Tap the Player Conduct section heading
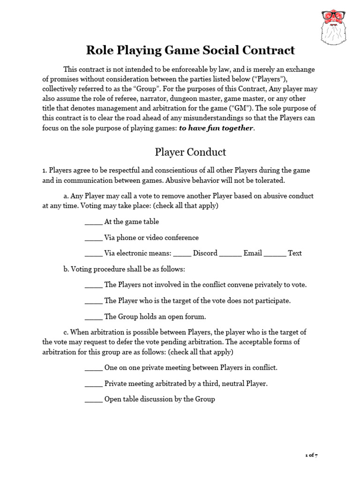pyautogui.click(x=190, y=152)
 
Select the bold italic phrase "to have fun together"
pyautogui.click(x=216, y=128)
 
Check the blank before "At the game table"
pyautogui.click(x=93, y=222)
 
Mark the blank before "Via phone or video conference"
pyautogui.click(x=93, y=238)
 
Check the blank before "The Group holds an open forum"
pyautogui.click(x=93, y=316)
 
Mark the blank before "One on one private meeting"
pyautogui.click(x=93, y=367)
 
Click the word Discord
pyautogui.click(x=205, y=253)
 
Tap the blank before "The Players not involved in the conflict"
pyautogui.click(x=93, y=285)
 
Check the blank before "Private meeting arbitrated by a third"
pyautogui.click(x=93, y=383)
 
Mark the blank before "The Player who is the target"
pyautogui.click(x=93, y=300)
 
